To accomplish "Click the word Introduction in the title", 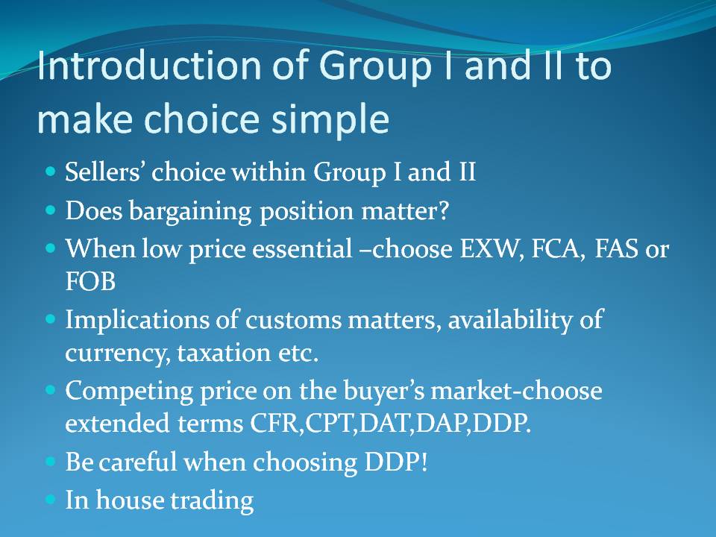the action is click(149, 65).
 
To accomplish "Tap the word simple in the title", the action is click(330, 119).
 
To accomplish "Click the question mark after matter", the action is click(443, 210).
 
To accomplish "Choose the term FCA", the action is click(558, 249).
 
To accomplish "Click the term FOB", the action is click(90, 281).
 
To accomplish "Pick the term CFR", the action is click(274, 424).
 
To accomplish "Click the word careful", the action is click(137, 462).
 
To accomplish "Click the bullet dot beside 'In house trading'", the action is click(50, 499).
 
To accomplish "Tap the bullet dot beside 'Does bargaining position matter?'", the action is click(50, 210).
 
